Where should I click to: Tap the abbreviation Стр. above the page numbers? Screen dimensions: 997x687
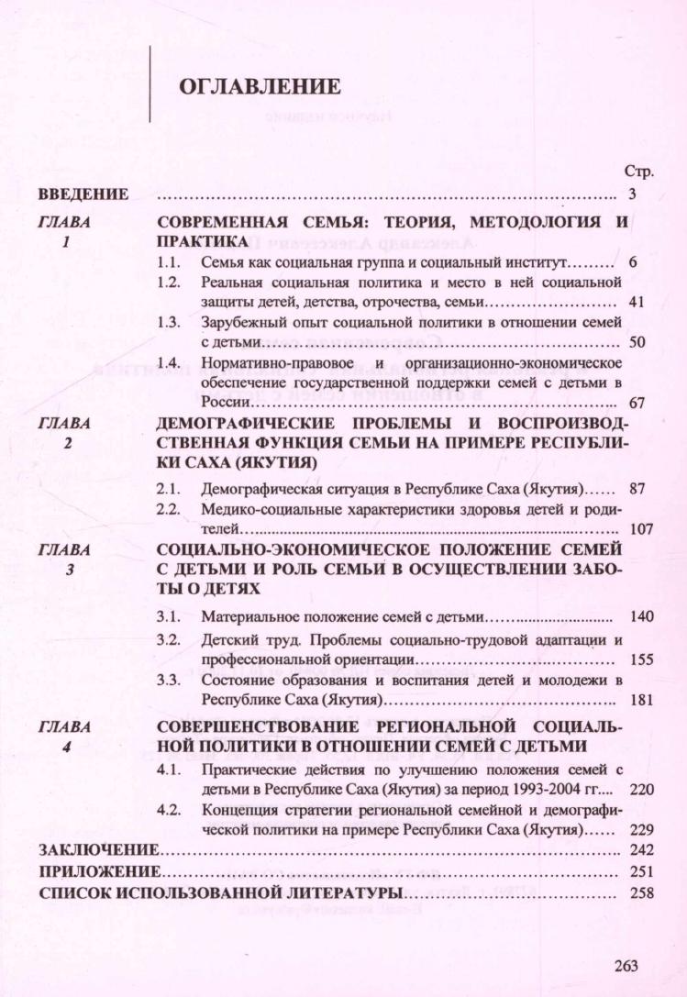637,172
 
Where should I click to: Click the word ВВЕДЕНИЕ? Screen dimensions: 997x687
82,194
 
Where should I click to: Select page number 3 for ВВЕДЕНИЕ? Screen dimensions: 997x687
633,194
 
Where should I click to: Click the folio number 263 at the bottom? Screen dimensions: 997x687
626,966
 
